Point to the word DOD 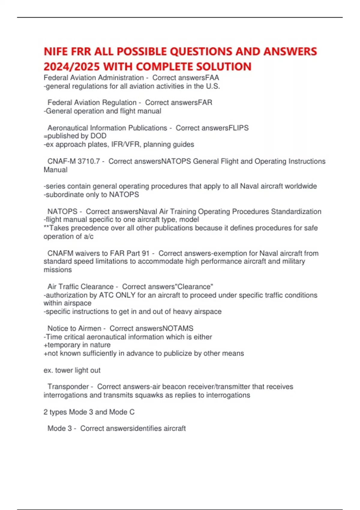[98, 136]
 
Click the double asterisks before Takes [46, 228]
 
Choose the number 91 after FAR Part [145, 253]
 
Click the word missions [58, 270]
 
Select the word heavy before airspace [182, 312]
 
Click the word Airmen [89, 328]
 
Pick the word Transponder [68, 387]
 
